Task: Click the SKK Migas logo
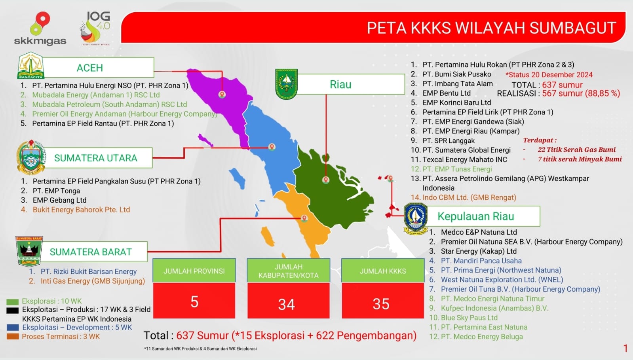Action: (40, 28)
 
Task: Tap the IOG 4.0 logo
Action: (95, 28)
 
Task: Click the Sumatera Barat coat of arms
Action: (29, 251)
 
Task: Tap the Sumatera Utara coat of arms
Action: (31, 157)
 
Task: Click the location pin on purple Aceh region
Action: (222, 94)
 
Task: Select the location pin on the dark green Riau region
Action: (326, 180)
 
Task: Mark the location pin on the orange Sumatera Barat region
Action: (304, 218)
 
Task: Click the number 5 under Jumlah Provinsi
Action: (194, 301)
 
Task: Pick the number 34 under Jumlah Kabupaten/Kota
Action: (287, 304)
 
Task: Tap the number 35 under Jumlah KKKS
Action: (381, 304)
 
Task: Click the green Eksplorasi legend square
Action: (12, 301)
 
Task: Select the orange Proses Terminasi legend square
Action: (12, 336)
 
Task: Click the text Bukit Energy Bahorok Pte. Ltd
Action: (82, 210)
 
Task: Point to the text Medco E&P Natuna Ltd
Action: (479, 232)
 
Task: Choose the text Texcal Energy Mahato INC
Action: (465, 159)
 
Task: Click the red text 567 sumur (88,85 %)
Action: (581, 93)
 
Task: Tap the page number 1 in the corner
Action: (625, 348)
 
